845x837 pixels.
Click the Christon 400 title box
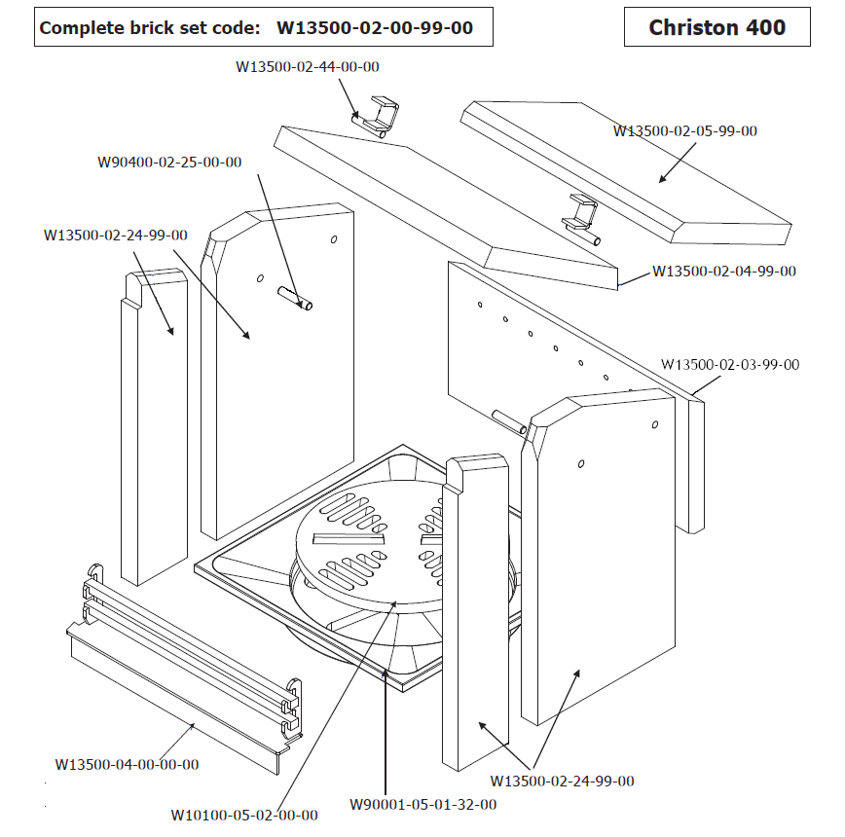[x=717, y=27]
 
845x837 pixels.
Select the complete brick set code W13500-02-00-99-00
[x=375, y=27]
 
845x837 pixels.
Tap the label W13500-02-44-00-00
[x=307, y=67]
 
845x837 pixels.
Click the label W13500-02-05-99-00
[x=684, y=130]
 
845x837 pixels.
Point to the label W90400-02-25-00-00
[x=169, y=163]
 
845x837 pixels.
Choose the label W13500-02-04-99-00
[x=724, y=271]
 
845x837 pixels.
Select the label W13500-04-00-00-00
[x=127, y=764]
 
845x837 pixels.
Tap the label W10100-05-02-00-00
[x=243, y=815]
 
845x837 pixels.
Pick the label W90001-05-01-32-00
[x=422, y=804]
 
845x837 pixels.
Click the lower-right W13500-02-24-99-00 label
[x=562, y=781]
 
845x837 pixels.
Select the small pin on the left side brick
[x=295, y=298]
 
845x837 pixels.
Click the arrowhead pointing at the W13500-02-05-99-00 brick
[x=661, y=178]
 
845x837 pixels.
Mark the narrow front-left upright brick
[x=153, y=428]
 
